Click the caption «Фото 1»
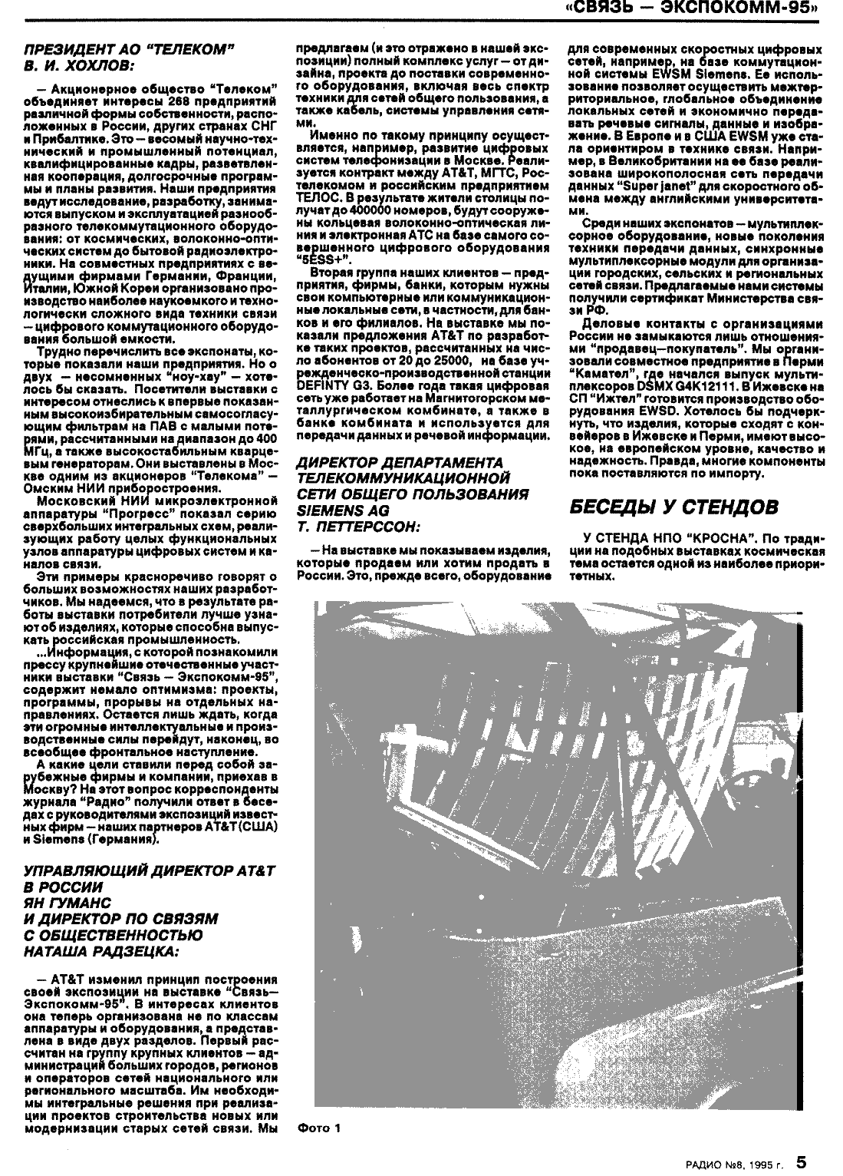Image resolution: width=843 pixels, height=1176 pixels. [318, 1128]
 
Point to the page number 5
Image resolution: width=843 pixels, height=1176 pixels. [800, 1162]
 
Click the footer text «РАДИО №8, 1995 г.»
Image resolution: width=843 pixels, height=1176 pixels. [735, 1164]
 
